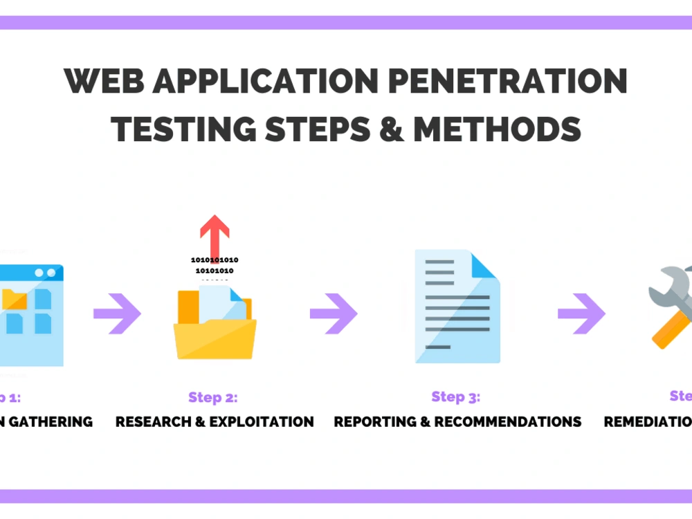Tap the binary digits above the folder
point(215,265)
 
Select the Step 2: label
point(212,398)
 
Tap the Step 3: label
point(455,397)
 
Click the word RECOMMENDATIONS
point(507,421)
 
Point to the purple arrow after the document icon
point(581,313)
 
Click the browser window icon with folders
point(31,315)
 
